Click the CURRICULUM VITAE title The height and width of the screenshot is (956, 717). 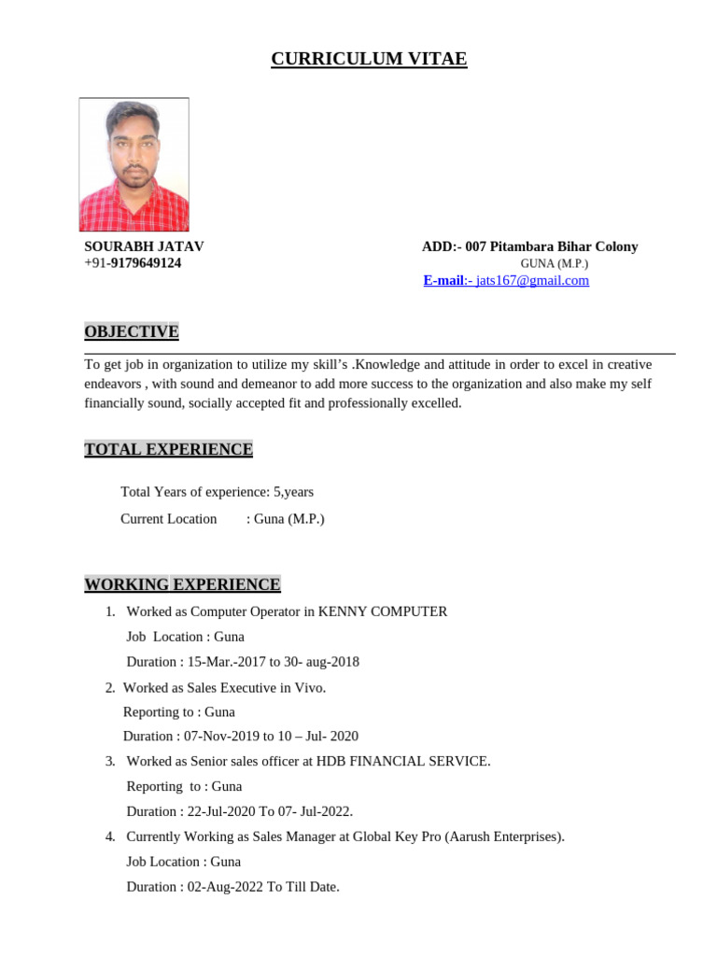pos(369,60)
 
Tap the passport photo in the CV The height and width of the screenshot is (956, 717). pos(134,164)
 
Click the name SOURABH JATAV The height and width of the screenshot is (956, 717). pos(144,246)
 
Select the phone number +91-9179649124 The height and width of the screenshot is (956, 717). pos(133,263)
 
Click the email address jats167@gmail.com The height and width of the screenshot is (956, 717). pos(532,280)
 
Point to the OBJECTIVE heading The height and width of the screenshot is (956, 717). pos(132,331)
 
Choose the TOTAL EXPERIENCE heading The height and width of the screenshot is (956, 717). pos(168,449)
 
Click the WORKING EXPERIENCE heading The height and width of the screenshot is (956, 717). pos(182,584)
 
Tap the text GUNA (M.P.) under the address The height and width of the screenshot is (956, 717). pos(555,264)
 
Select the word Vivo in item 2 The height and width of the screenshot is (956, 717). pos(309,687)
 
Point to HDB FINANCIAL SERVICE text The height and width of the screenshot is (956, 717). pos(402,761)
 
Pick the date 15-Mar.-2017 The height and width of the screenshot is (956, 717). pos(227,662)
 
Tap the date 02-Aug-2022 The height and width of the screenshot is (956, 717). pos(225,887)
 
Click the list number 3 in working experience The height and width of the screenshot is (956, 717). pos(110,761)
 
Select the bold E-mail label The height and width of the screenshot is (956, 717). pos(443,280)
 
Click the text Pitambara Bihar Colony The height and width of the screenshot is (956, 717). pos(565,246)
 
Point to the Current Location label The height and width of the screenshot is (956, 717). pos(169,519)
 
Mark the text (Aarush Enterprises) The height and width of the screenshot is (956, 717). pos(504,836)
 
